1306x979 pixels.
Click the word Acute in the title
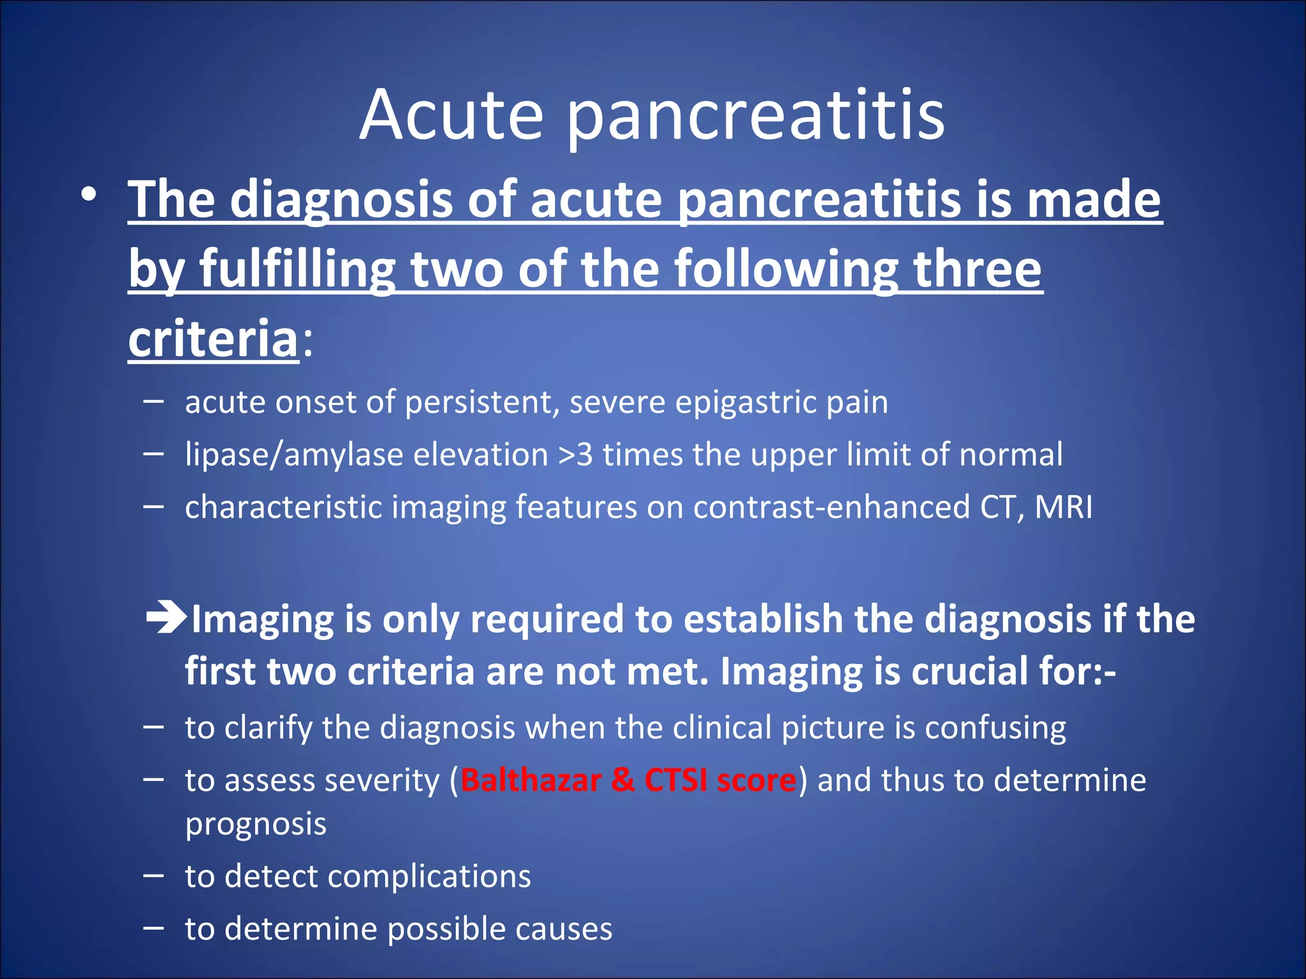[x=451, y=116]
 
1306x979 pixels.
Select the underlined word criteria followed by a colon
[x=213, y=338]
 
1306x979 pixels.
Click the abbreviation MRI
[x=1063, y=507]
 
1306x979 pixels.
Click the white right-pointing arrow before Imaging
[x=166, y=618]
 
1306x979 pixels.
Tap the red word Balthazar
[x=531, y=780]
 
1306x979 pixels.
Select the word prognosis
[x=256, y=825]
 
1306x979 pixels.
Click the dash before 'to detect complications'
[x=153, y=876]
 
